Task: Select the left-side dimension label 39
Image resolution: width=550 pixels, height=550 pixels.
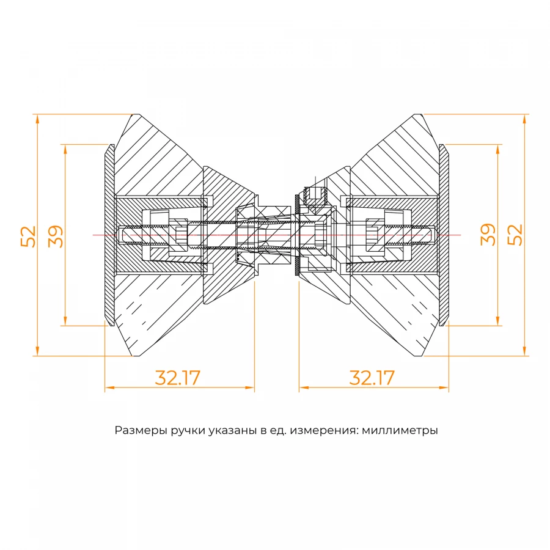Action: (56, 236)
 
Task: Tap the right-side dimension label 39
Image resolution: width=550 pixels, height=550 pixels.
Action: (488, 235)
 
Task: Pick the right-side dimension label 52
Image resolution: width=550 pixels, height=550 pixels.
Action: (516, 235)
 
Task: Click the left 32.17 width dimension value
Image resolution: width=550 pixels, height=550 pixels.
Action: (177, 378)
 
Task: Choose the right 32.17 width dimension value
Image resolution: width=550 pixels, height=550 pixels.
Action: (372, 378)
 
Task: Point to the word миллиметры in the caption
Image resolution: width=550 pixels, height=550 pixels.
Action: (400, 430)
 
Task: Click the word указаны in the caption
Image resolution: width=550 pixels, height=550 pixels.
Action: (231, 430)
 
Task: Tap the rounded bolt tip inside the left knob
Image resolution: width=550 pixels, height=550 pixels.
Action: (120, 235)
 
